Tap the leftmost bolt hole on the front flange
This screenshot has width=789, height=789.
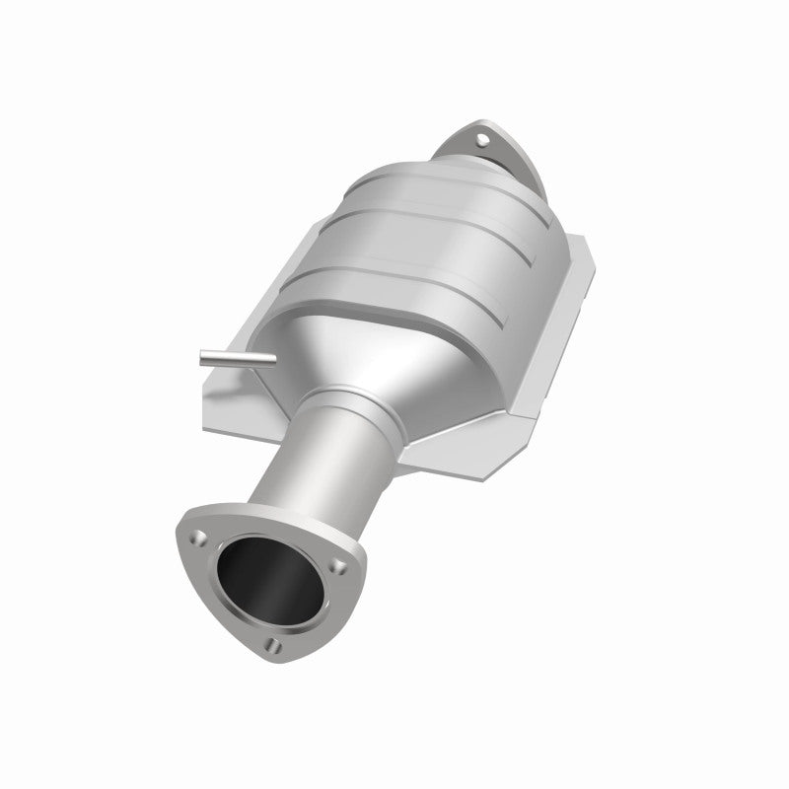point(200,538)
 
